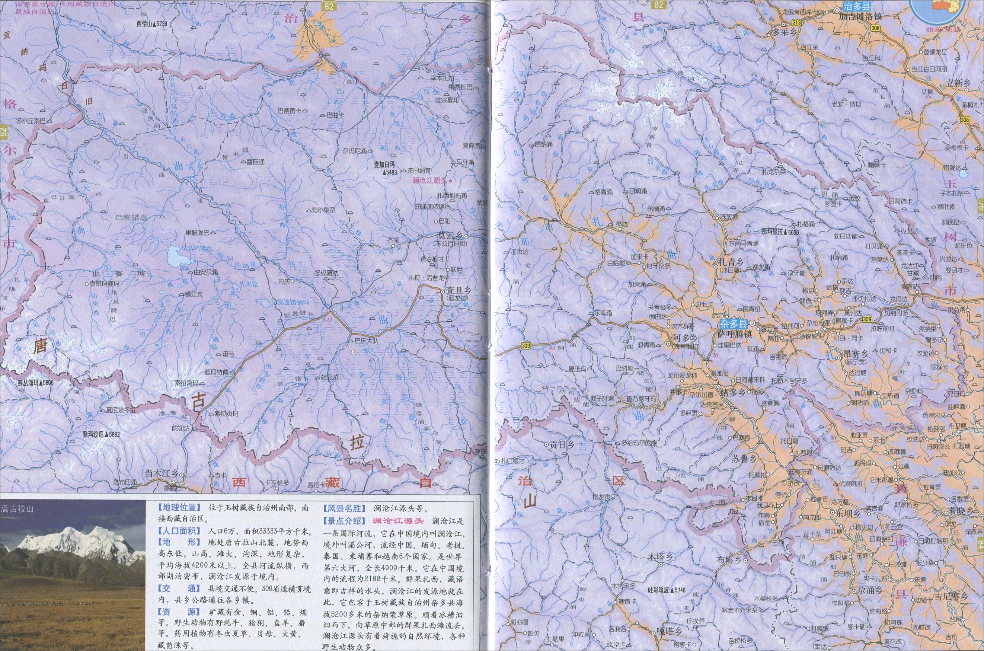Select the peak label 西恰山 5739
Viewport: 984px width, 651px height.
(151, 25)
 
